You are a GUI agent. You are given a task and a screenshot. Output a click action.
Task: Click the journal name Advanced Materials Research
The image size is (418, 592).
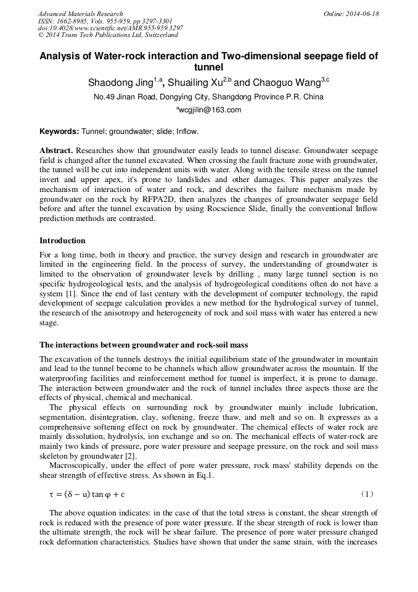(80, 14)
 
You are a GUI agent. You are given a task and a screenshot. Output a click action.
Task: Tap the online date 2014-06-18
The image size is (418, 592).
(364, 14)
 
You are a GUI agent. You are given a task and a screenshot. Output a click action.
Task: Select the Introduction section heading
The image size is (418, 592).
(62, 240)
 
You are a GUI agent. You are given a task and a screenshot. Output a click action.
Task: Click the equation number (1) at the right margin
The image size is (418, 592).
(367, 494)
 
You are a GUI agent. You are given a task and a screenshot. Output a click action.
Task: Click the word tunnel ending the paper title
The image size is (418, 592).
(209, 67)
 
